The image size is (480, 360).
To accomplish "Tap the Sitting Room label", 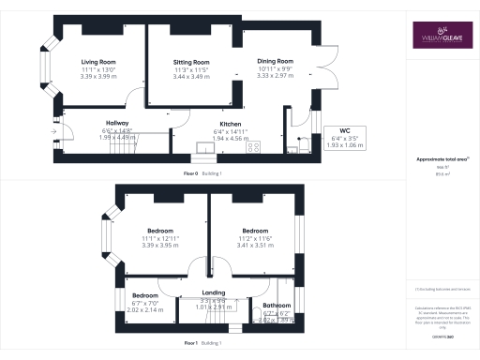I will coord(190,62).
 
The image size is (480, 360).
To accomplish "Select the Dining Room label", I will coord(275,61).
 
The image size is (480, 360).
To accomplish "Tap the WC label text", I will coord(333,130).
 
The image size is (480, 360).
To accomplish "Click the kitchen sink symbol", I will coord(203,146).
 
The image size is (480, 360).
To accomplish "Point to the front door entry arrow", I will coord(63,130).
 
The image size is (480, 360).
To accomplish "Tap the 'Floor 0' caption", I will coord(193,174).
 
